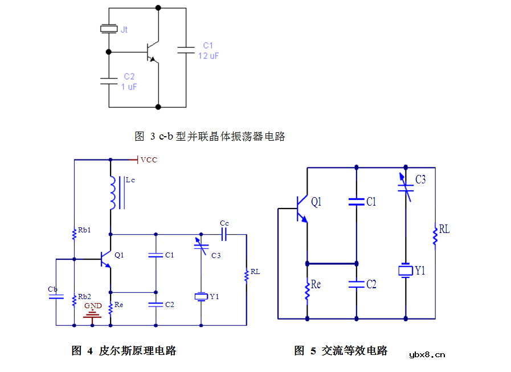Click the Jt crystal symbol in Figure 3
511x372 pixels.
pos(109,29)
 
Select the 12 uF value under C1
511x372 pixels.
pos(209,56)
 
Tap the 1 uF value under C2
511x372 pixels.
pos(129,87)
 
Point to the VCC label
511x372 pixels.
pos(149,160)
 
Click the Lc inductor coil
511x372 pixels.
pos(113,193)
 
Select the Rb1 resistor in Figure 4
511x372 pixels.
pos(74,234)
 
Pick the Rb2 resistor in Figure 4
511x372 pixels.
pos(74,300)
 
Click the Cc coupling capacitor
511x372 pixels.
pos(224,234)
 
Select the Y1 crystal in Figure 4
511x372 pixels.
pos(201,296)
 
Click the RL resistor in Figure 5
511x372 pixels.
pos(435,235)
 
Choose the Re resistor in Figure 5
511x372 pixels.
pos(307,291)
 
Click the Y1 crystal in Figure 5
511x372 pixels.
pos(406,271)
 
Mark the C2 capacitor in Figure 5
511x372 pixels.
pos(356,284)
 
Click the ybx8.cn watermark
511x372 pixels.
pos(427,355)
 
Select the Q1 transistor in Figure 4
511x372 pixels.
pos(106,259)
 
